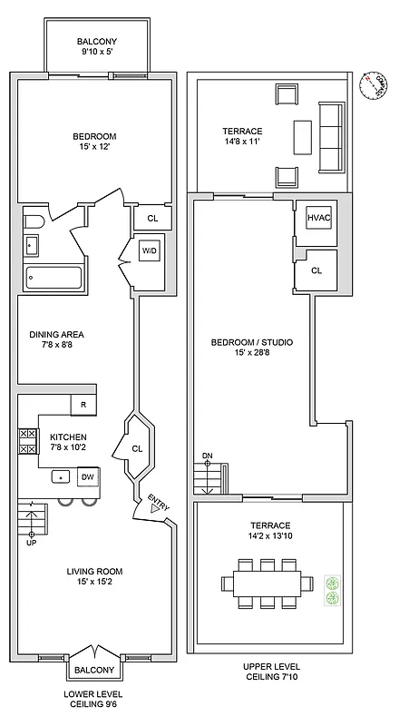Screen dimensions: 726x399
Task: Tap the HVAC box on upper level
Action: [317, 219]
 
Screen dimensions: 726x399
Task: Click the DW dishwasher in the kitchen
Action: [88, 478]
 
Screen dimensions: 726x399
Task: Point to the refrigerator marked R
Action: [83, 405]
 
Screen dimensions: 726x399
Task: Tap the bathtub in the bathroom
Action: [54, 277]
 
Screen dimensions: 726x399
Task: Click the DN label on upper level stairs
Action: [207, 456]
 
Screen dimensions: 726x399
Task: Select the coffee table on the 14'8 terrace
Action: [302, 137]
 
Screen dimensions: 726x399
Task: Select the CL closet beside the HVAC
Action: [316, 270]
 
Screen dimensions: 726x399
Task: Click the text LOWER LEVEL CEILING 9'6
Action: [94, 698]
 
